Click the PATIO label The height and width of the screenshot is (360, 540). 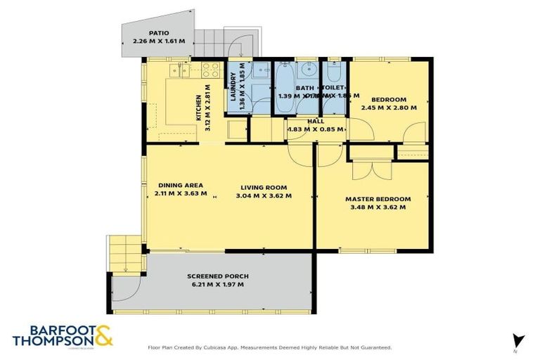coord(158,33)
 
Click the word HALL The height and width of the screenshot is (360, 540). coord(316,122)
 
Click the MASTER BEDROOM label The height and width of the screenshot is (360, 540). coord(378,199)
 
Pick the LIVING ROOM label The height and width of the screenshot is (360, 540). coord(264,187)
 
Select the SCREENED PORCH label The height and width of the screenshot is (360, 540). coord(218,276)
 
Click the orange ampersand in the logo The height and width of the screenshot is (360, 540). coord(103,336)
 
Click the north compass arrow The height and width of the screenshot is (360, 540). coord(518,340)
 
